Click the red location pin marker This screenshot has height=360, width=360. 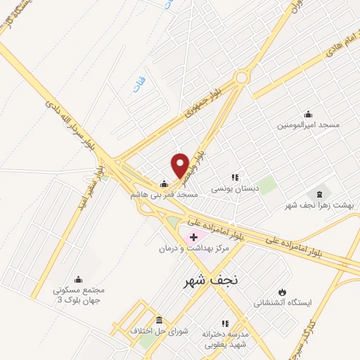(180, 165)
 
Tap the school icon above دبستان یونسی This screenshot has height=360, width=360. (235, 178)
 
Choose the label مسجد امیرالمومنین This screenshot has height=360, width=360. (309, 124)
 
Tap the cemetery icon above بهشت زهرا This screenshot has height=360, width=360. (321, 193)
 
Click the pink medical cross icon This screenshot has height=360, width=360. (193, 238)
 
